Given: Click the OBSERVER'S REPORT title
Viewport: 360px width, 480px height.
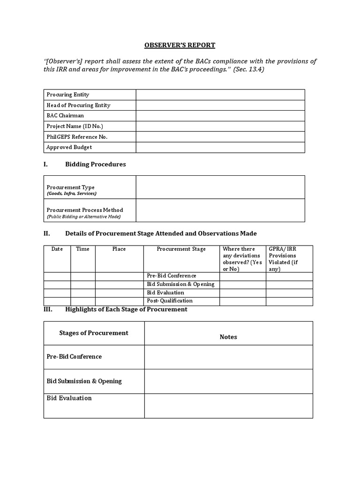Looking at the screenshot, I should pyautogui.click(x=180, y=45).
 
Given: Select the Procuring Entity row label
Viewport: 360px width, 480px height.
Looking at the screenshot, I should pyautogui.click(x=67, y=95).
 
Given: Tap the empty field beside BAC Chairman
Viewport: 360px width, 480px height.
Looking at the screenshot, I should pyautogui.click(x=220, y=116).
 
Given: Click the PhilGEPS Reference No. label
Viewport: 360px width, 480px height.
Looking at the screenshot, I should pyautogui.click(x=77, y=137).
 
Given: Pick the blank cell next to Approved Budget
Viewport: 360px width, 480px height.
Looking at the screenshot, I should pyautogui.click(x=220, y=148).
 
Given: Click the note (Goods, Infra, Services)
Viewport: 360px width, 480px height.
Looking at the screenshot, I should pyautogui.click(x=72, y=194).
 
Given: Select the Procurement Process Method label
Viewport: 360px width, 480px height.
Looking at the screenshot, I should pyautogui.click(x=85, y=210).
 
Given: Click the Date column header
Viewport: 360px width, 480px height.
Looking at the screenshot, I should pyautogui.click(x=57, y=249).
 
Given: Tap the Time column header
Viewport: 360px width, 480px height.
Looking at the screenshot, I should pyautogui.click(x=82, y=249).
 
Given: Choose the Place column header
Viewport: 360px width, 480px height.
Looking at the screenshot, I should pyautogui.click(x=119, y=249).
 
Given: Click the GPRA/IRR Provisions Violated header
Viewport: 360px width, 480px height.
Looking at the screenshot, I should pyautogui.click(x=282, y=259).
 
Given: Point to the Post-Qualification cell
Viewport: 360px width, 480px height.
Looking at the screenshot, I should pyautogui.click(x=170, y=301).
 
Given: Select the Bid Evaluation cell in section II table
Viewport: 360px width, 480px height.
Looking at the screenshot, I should pyautogui.click(x=165, y=292).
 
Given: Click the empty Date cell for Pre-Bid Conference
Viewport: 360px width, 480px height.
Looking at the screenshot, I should pyautogui.click(x=57, y=276).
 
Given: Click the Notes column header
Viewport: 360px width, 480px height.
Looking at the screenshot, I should pyautogui.click(x=228, y=337).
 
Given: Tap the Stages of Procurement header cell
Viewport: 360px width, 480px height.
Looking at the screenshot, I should pyautogui.click(x=94, y=333).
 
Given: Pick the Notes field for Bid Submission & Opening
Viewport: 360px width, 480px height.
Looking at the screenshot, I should pyautogui.click(x=228, y=381).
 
